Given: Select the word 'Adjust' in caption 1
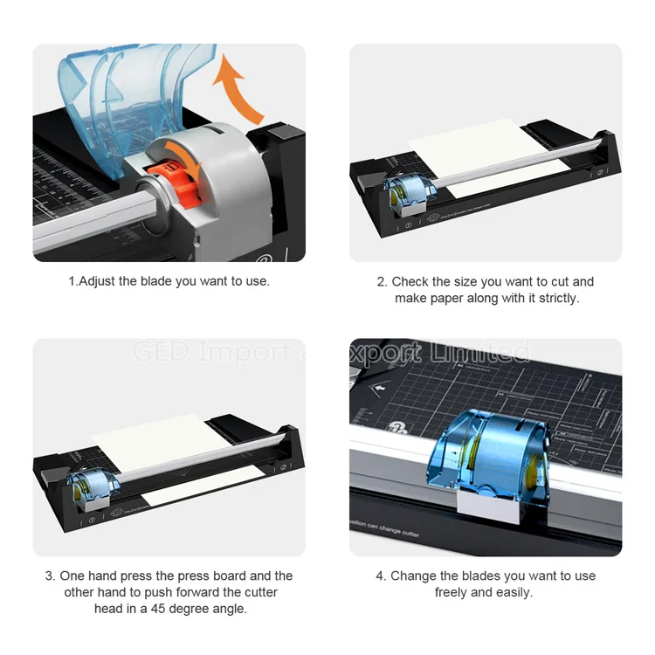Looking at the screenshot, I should click(x=98, y=281).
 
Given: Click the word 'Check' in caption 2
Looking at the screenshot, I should click(x=410, y=281).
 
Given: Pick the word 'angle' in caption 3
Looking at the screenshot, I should click(x=230, y=609).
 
